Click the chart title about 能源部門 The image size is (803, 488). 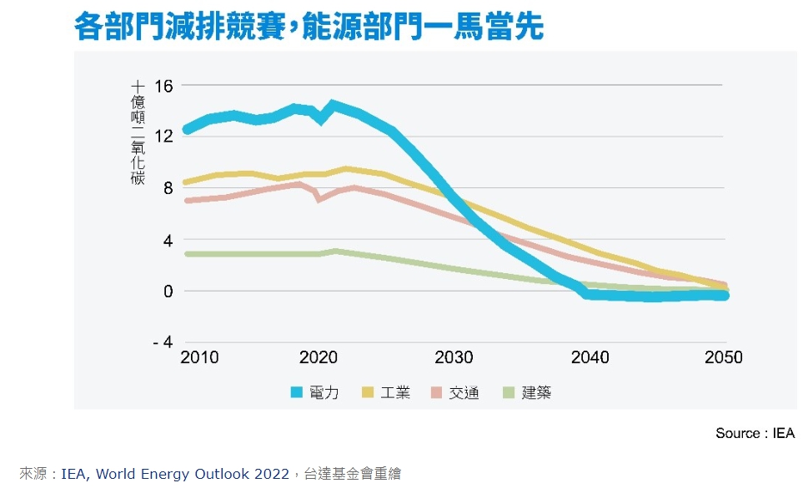coord(309,27)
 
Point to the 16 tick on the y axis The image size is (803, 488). coord(163,86)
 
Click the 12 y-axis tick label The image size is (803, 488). coord(163,137)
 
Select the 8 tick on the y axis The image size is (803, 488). coord(167,188)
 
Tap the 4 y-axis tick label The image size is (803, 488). coord(167,240)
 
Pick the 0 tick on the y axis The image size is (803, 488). coord(167,291)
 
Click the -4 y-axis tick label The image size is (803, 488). coord(163,342)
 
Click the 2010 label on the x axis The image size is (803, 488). coord(199,358)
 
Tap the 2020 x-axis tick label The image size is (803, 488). coord(317,358)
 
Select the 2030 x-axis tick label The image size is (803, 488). coord(454,358)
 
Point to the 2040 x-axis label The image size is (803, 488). coord(590,358)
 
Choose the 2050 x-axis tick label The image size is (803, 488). coord(723,358)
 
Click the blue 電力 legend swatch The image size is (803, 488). coord(298,392)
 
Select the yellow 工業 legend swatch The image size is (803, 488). coord(368,392)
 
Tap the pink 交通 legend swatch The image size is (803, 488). coord(437,392)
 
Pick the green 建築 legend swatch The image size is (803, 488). coord(509,392)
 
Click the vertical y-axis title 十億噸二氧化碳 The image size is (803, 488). coord(138,132)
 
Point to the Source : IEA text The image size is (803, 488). coord(755,434)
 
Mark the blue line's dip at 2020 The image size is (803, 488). coord(321,118)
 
